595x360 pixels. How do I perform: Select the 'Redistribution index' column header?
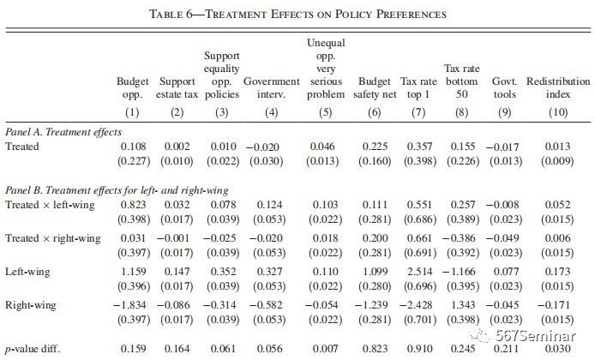click(558, 87)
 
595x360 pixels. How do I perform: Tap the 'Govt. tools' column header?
click(505, 87)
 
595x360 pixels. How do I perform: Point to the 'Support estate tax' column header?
click(177, 87)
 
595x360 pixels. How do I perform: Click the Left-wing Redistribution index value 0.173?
click(558, 271)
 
